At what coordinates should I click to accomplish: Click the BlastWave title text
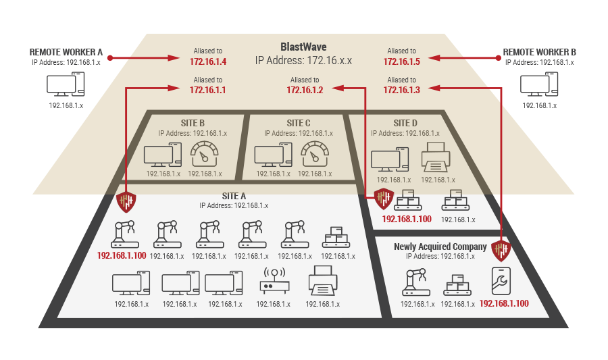pos(303,47)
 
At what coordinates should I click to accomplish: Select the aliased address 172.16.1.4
pos(207,61)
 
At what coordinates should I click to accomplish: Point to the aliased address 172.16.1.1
pos(207,90)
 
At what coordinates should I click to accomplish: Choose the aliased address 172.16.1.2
pos(305,90)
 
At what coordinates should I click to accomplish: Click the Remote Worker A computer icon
pos(66,85)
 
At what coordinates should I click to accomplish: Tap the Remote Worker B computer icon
pos(538,85)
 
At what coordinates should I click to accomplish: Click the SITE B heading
pos(193,123)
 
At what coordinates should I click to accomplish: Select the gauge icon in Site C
pos(314,155)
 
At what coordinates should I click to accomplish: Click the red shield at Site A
pos(126,201)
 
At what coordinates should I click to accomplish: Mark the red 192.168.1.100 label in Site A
pos(122,256)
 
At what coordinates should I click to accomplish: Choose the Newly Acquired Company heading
pos(440,247)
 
